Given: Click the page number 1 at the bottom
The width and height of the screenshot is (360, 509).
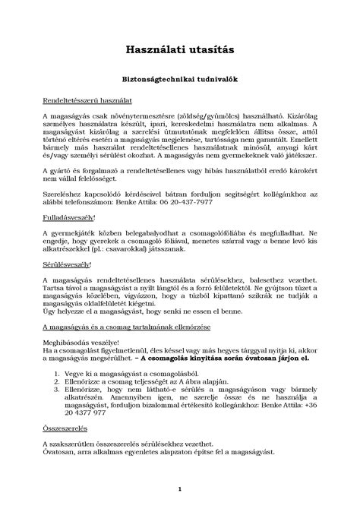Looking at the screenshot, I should pos(179,489).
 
